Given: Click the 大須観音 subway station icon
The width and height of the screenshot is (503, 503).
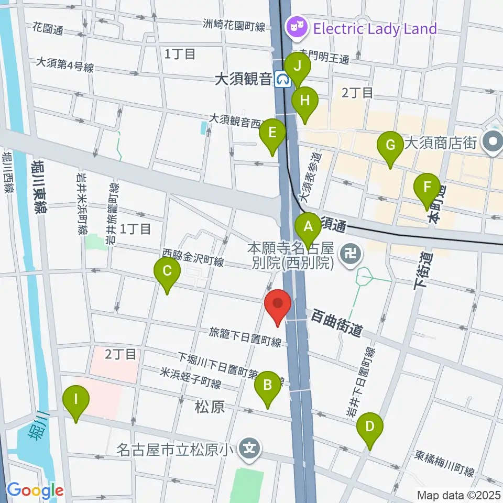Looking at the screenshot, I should [284, 79].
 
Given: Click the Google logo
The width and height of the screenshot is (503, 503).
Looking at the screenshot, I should [36, 491].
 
